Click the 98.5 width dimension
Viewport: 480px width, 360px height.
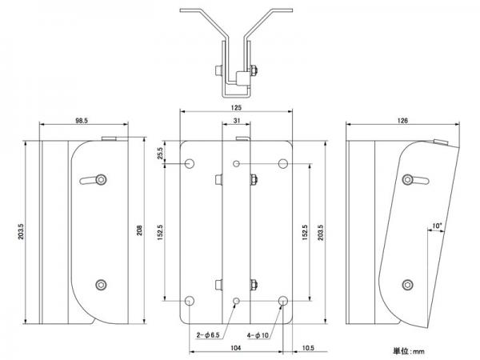[82, 121]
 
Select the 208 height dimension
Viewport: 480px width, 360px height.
[139, 230]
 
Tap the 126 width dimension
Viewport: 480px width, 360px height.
[402, 121]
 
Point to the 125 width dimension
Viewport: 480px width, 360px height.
[236, 108]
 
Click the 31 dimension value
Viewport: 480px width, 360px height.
[237, 121]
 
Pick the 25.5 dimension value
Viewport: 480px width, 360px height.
[160, 153]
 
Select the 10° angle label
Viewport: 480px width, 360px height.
[437, 226]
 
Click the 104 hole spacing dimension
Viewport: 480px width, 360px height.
[235, 348]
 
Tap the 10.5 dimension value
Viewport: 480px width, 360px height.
[308, 348]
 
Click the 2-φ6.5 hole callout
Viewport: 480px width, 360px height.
[208, 335]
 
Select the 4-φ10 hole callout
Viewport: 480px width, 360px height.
[258, 335]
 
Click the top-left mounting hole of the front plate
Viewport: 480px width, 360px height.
[190, 164]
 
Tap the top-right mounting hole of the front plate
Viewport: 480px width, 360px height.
[283, 164]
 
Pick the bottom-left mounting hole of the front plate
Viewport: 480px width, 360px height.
[190, 301]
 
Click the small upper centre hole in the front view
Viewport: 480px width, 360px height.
[236, 164]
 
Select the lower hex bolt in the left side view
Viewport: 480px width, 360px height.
[101, 285]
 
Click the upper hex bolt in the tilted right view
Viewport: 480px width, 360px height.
[407, 180]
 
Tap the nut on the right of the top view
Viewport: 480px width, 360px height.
[254, 70]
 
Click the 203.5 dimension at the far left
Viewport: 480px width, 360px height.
[21, 232]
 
